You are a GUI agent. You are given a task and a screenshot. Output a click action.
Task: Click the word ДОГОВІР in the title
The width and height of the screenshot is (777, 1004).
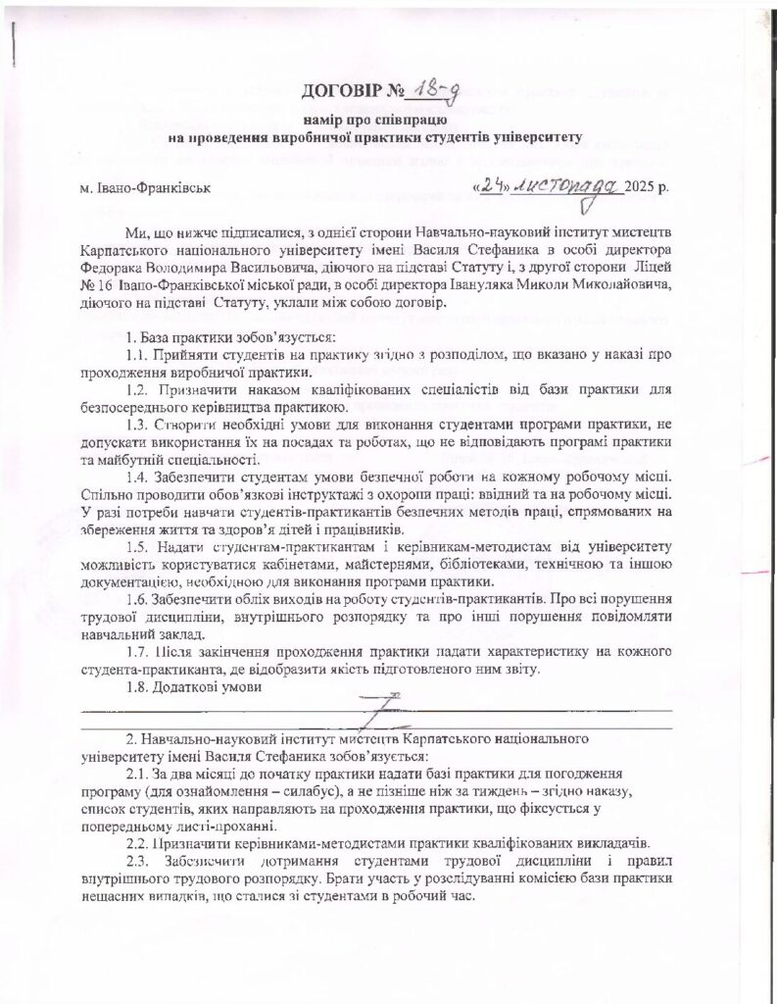[x=342, y=93]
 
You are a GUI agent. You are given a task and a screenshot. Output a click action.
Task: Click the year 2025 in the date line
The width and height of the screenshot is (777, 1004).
[x=642, y=186]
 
